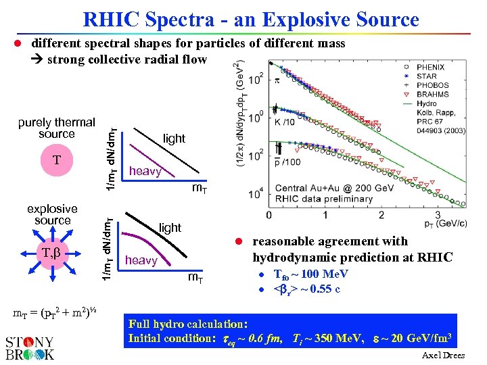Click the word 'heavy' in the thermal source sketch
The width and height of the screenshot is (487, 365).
[145, 172]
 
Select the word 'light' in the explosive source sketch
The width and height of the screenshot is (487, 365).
[170, 228]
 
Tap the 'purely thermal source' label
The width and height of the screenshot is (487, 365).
[57, 128]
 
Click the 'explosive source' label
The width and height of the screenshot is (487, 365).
[53, 215]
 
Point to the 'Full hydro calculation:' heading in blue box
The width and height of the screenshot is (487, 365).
[188, 324]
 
